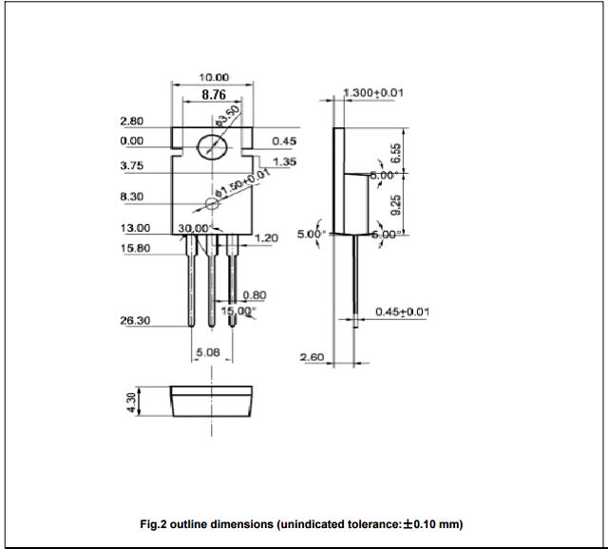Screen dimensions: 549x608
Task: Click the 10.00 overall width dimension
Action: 214,77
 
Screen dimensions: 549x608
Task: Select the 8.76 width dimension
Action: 214,94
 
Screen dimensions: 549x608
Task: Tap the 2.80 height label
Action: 132,122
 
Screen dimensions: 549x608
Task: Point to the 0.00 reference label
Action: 132,141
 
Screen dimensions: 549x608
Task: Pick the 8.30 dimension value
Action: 132,197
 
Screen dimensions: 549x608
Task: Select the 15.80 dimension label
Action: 134,248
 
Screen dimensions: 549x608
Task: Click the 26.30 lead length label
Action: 134,320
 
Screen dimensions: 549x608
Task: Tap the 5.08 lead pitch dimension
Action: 208,352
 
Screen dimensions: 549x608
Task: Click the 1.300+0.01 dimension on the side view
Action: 373,92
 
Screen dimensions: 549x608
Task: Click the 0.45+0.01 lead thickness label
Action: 402,312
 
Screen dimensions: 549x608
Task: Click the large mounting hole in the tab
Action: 213,147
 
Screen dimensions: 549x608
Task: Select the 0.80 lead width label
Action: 254,294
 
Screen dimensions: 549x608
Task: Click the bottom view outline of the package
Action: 213,401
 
